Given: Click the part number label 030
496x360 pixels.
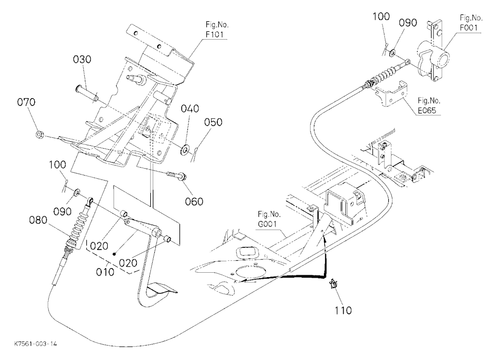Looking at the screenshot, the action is tap(82, 60).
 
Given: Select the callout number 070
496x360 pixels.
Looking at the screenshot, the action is tap(26, 102).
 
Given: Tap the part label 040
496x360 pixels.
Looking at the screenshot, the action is tap(190, 109).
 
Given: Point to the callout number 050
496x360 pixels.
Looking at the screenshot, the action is tap(213, 122).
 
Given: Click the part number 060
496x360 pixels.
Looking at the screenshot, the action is tap(194, 201).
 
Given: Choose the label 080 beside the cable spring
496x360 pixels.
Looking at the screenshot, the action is tap(38, 220).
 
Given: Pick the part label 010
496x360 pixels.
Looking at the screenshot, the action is tap(105, 272).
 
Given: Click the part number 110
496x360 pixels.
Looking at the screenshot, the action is tap(343, 310).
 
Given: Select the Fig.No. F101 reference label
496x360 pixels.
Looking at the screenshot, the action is tap(217, 29).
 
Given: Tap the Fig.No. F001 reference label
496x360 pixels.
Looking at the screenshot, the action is tap(471, 23).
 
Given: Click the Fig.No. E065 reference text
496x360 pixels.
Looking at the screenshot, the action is tap(429, 105).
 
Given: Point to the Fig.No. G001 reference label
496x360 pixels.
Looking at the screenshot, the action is tap(268, 219).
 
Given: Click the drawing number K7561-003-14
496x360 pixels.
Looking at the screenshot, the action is tap(36, 344).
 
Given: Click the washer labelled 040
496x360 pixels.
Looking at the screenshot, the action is tap(185, 149).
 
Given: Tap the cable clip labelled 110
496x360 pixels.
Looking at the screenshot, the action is tap(333, 284).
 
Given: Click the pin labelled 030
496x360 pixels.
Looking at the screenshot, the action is tap(87, 93).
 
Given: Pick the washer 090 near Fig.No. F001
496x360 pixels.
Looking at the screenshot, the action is tap(392, 52).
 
